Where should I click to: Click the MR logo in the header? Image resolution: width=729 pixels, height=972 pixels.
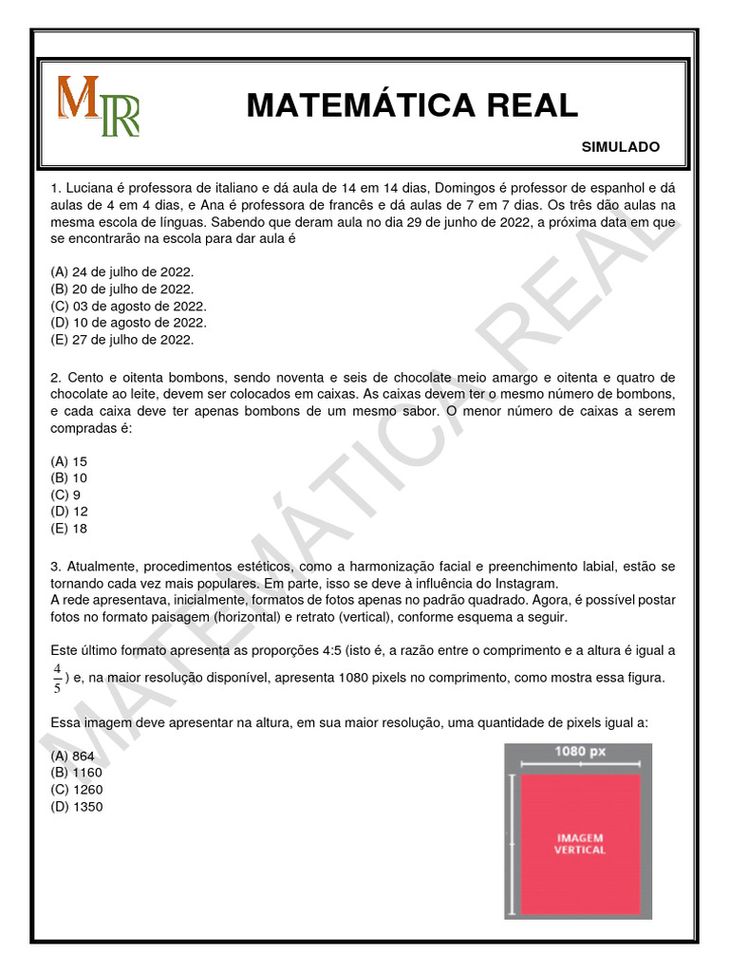coord(99,106)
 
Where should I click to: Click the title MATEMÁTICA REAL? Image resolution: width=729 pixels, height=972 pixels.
coord(412,105)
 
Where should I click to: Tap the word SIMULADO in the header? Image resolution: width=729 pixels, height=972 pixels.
coord(620,147)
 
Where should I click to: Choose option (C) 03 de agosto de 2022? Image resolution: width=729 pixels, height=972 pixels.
coord(127,306)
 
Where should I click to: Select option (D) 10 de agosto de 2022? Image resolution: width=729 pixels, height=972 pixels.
coord(127,323)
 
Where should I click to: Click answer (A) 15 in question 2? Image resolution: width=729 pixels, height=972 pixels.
coord(69,461)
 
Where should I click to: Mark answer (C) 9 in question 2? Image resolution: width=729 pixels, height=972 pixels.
coord(65,495)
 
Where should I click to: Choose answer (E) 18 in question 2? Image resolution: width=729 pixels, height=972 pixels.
coord(69,530)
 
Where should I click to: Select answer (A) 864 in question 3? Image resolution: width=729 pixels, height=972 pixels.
coord(73,756)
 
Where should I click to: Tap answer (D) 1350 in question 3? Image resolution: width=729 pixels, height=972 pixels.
coord(77,807)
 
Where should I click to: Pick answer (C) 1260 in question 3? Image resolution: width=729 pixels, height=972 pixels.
coord(77,790)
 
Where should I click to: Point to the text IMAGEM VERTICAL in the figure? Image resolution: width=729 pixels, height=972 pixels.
coord(579,844)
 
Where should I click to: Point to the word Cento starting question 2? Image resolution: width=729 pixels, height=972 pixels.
coord(85,378)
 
